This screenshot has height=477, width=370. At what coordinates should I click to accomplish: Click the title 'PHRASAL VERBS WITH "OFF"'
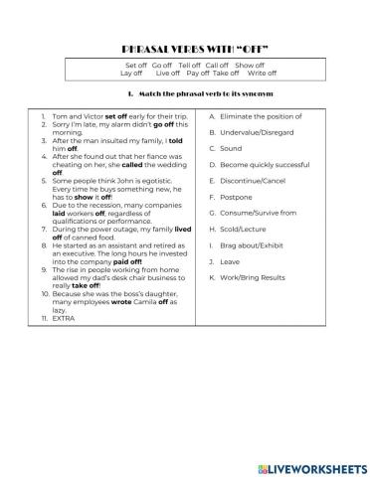pos(185,47)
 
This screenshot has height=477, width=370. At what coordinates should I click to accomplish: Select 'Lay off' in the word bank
pos(131,73)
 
